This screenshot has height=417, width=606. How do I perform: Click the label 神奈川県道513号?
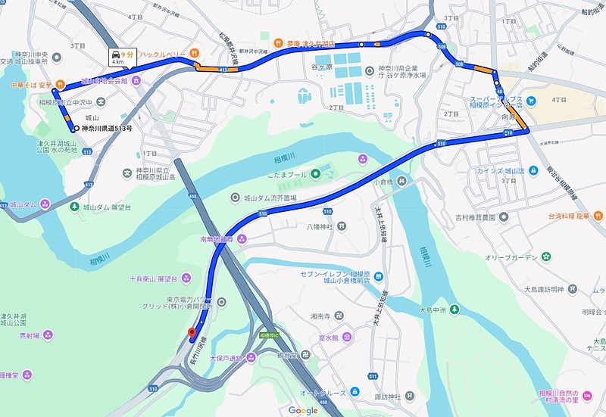coord(107,129)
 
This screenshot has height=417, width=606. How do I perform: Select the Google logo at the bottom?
coord(303,410)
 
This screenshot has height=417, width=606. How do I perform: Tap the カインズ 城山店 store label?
coord(501,171)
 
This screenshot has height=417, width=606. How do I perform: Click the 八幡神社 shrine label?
coord(321,226)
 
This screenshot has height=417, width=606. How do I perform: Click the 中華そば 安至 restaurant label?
coord(30,85)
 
